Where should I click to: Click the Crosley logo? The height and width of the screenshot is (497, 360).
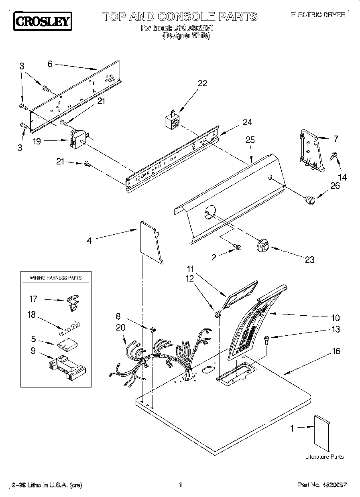tap(43, 21)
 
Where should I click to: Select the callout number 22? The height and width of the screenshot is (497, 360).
tap(203, 83)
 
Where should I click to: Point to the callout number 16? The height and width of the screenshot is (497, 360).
tap(336, 351)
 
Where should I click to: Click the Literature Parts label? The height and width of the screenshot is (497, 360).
tap(324, 457)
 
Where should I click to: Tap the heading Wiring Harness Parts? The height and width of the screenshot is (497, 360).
tap(56, 278)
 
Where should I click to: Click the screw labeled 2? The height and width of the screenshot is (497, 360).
tap(237, 248)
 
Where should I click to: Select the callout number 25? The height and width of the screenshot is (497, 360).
tap(250, 140)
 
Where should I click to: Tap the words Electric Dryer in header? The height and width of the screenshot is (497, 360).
tap(317, 15)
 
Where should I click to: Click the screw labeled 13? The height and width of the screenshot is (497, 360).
tap(266, 341)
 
